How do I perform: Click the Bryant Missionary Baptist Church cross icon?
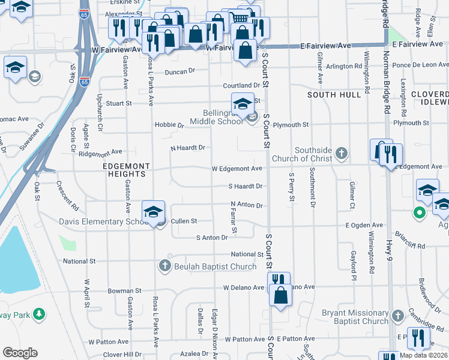[397, 315]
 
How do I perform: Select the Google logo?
[20, 353]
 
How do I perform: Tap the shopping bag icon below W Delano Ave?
[280, 295]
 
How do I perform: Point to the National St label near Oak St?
[79, 261]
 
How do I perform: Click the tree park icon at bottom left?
[39, 314]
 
